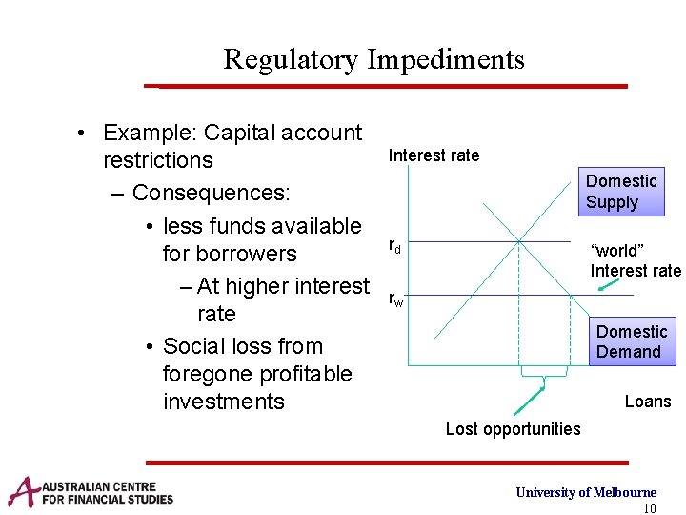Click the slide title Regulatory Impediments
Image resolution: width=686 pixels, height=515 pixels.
tap(373, 59)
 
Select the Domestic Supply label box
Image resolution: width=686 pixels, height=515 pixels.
tap(621, 192)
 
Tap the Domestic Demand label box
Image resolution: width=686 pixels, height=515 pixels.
tap(631, 341)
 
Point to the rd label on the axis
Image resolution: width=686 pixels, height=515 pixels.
tap(394, 247)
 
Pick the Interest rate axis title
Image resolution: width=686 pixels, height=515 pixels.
tap(434, 155)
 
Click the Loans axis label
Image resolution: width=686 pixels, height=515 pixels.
tap(648, 402)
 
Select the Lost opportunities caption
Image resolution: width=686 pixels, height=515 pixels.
tap(513, 429)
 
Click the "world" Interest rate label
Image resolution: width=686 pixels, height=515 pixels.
tap(636, 260)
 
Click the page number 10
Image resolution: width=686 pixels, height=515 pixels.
tap(650, 507)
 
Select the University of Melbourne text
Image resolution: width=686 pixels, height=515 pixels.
tap(586, 492)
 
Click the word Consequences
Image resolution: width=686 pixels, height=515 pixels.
tap(211, 193)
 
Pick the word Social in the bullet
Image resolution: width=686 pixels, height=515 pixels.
tap(194, 346)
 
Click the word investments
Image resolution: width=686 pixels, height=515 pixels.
tap(224, 402)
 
